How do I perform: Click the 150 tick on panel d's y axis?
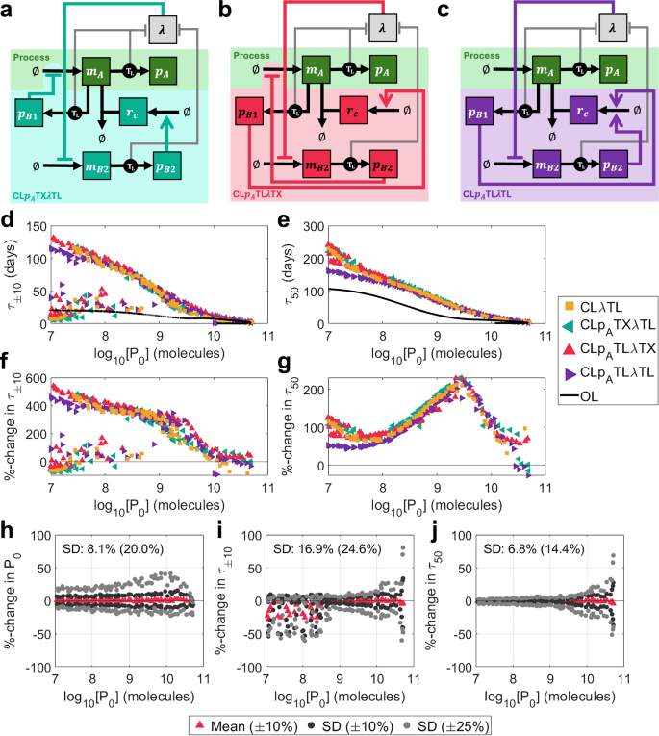point(33,225)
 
